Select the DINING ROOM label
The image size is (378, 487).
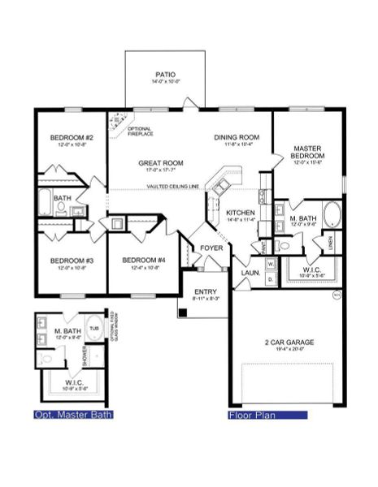pos(237,137)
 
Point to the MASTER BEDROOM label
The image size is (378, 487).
pos(308,152)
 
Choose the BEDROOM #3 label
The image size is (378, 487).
pos(67,261)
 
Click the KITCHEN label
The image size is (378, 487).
pos(241,213)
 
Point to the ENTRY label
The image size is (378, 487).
pos(205,293)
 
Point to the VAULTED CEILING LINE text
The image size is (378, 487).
pos(173,187)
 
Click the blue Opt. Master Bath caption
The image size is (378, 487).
pos(72,415)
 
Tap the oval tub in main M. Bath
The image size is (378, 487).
pos(333,214)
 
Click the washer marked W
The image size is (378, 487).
pos(271,264)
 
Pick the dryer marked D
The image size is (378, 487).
pos(271,278)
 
